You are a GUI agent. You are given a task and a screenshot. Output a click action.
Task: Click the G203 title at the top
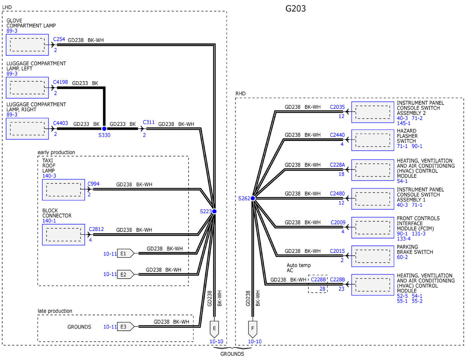point(295,9)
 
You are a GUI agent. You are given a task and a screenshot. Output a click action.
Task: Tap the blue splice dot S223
point(214,211)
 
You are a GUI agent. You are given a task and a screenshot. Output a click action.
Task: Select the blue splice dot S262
point(253,198)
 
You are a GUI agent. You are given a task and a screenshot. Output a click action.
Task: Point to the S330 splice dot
point(104,129)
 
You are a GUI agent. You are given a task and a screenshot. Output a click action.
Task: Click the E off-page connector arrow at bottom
point(214,329)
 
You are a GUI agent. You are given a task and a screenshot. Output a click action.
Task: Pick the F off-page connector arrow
point(253,329)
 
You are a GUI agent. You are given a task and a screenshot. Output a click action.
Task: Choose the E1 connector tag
point(126,254)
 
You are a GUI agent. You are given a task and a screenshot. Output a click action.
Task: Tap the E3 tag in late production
point(126,327)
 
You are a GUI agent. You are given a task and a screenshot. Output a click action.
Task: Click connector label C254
point(59,39)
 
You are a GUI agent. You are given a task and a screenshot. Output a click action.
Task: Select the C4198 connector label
point(61,82)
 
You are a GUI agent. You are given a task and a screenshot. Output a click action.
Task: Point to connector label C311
point(149,122)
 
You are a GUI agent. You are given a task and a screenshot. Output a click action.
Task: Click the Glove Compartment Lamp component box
point(27,45)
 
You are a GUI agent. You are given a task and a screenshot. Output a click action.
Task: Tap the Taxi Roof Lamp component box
point(63,190)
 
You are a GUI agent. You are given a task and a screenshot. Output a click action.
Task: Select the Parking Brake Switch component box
point(372,256)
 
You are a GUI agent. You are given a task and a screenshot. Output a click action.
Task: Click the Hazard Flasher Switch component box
point(372,140)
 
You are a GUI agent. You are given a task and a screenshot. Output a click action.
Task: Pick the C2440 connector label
point(337,135)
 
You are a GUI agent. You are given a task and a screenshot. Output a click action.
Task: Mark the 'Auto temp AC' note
point(299,268)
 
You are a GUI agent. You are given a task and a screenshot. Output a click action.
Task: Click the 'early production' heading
point(56,152)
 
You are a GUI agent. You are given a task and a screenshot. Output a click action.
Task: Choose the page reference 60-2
point(402,257)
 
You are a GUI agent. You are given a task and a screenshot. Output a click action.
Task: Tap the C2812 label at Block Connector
point(96,229)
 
